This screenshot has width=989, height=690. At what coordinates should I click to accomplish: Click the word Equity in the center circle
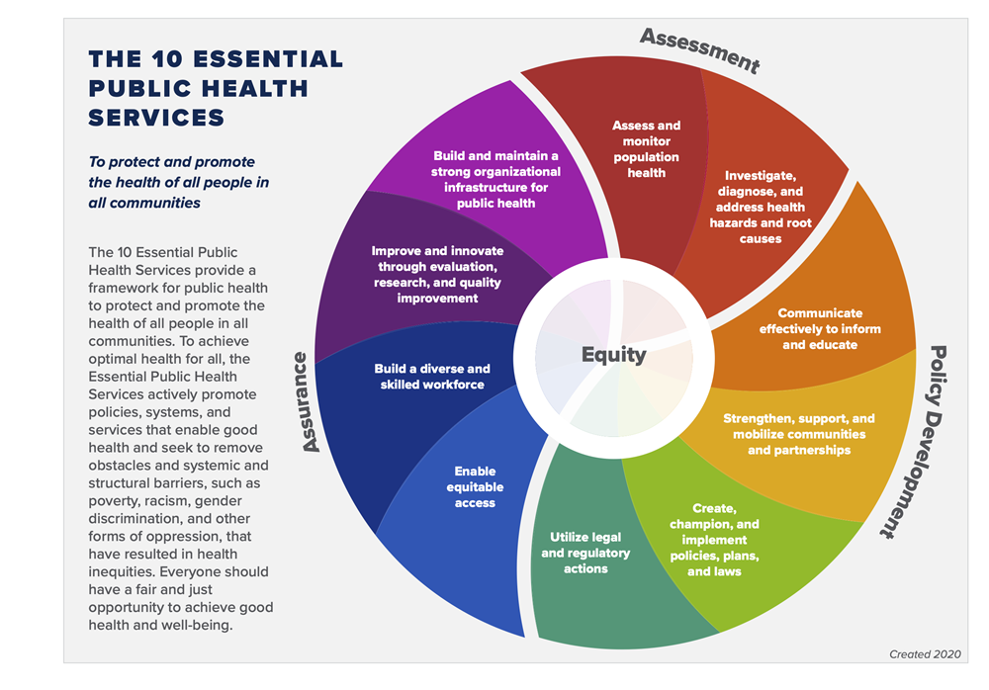point(613,355)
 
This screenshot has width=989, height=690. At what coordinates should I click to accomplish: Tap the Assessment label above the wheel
point(699,49)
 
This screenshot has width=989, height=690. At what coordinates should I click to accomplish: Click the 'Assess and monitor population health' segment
point(647,149)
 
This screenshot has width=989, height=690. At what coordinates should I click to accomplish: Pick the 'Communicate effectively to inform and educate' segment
point(820,329)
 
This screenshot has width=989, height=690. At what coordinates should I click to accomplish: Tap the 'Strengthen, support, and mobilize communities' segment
point(799,434)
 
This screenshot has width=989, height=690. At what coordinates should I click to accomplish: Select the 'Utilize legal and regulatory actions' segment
point(585,553)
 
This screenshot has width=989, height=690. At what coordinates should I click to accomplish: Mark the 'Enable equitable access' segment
point(476,487)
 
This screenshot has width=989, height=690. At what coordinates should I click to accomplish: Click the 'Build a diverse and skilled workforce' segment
point(432,377)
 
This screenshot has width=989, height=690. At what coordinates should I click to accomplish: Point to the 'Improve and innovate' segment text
point(437,275)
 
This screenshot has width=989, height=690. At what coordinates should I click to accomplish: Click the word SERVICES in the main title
point(156,118)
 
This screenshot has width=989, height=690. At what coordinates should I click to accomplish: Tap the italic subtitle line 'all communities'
point(144,203)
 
